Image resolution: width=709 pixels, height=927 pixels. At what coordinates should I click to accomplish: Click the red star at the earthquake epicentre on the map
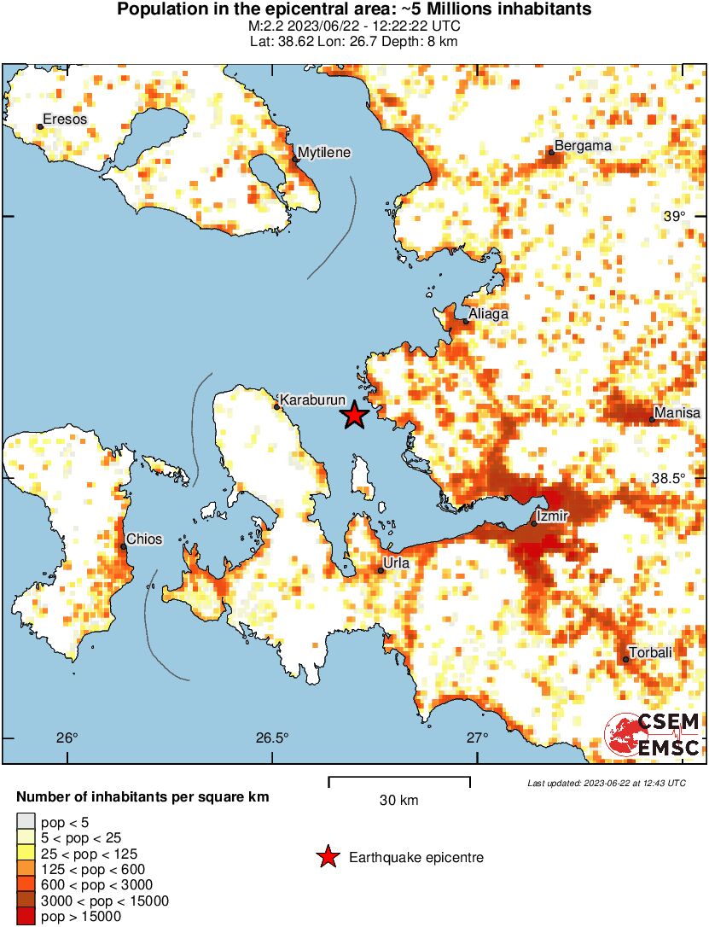click(354, 416)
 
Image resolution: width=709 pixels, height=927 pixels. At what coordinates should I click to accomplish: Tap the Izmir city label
click(551, 516)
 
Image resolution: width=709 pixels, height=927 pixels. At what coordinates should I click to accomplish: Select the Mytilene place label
click(323, 152)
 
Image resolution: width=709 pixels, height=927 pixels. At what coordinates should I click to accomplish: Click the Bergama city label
click(583, 146)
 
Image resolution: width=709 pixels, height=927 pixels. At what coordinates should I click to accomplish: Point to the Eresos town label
click(65, 120)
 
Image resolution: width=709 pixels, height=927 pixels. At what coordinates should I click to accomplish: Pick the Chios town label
click(144, 539)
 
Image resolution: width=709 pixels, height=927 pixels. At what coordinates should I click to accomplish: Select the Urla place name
click(398, 563)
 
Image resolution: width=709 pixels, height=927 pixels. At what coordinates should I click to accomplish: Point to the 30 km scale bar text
click(398, 801)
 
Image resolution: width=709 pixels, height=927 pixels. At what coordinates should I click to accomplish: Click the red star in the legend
click(327, 857)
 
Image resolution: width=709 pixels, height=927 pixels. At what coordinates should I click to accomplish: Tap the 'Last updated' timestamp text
click(606, 783)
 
